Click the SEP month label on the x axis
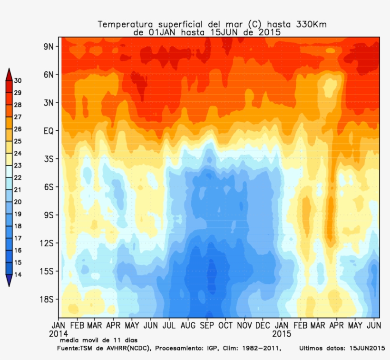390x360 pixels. [x=206, y=326]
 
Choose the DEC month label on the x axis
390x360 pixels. [x=263, y=326]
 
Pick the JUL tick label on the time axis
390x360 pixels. [x=169, y=326]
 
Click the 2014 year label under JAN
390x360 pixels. [x=58, y=333]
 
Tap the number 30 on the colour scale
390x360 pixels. [x=18, y=80]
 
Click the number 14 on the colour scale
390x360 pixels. [x=18, y=274]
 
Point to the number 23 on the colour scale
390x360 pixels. [x=18, y=165]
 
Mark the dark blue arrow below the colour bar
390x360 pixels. [x=9, y=281]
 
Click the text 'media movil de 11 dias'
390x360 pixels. [x=98, y=340]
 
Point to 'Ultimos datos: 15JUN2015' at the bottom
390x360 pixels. [x=341, y=349]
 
